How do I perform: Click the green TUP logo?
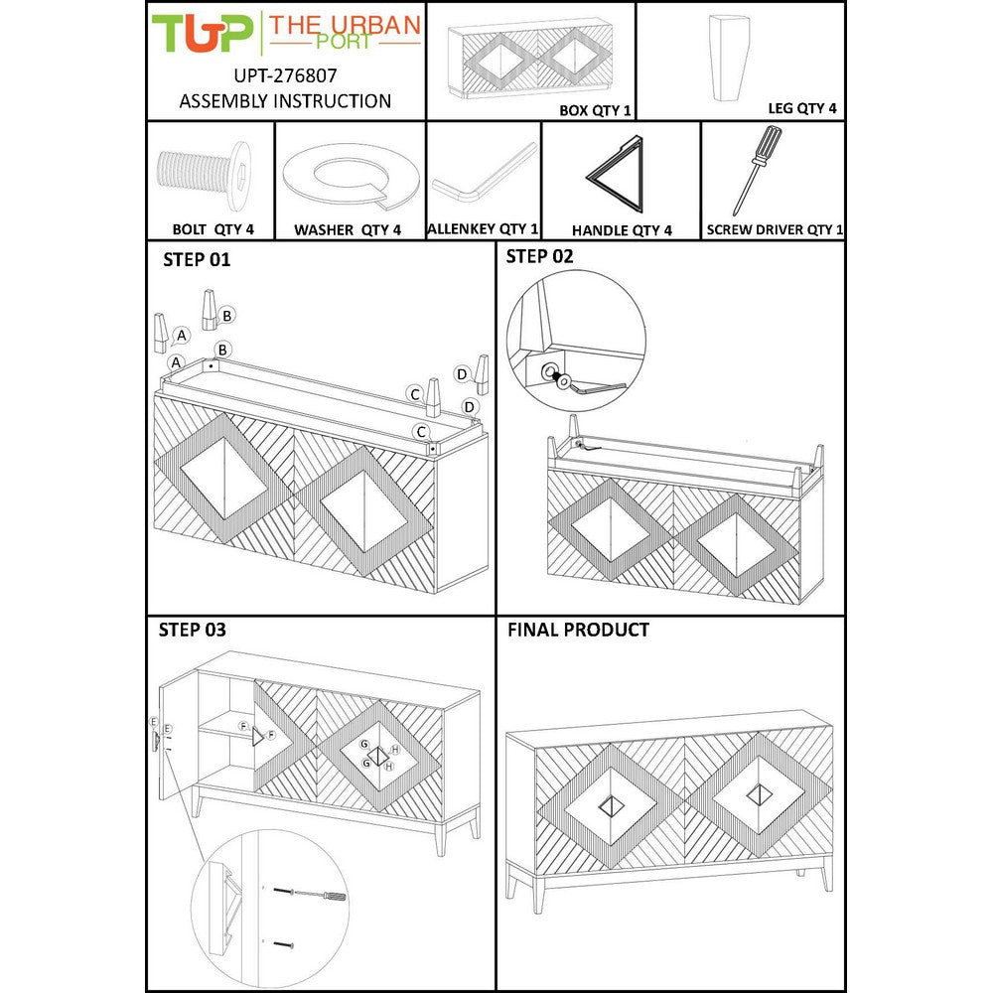tap(202, 33)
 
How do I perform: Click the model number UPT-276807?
tap(285, 76)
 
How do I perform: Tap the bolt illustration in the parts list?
tap(204, 176)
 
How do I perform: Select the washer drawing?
tap(351, 175)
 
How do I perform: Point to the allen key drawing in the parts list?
tap(485, 173)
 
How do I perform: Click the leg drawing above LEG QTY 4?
tap(729, 58)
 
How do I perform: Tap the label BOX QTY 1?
tap(595, 110)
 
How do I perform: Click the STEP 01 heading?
tap(197, 259)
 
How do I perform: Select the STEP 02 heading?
tap(539, 256)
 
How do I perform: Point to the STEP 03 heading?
tap(192, 630)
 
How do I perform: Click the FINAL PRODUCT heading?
tap(578, 630)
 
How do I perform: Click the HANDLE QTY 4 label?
tap(622, 230)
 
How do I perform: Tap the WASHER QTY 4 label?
tap(348, 230)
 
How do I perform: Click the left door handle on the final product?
tap(611, 807)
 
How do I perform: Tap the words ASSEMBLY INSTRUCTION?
tap(285, 101)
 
